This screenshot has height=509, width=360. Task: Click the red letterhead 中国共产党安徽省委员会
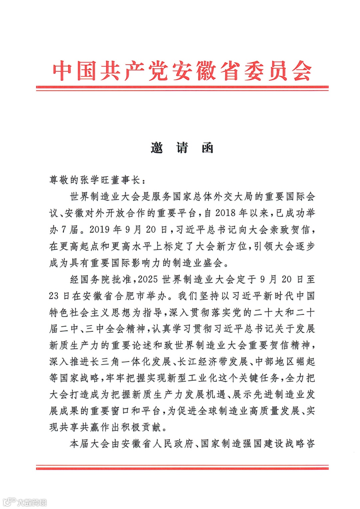coord(182,71)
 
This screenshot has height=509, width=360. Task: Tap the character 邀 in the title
coord(157,147)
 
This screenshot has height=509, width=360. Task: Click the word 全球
coord(207,411)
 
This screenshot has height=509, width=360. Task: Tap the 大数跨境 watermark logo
coord(25,502)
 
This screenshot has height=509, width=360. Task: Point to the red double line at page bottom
coord(182,467)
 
